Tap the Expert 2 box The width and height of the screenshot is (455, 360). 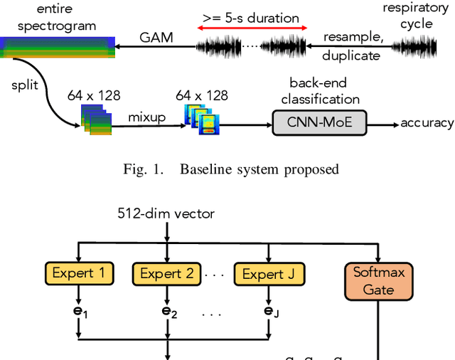[x=166, y=273]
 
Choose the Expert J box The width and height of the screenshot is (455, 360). [x=269, y=273]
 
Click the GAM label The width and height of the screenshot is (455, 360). [x=156, y=37]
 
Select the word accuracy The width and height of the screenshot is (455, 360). [x=427, y=123]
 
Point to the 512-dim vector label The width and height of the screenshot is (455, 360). [x=166, y=212]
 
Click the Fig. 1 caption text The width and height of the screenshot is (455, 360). [x=228, y=169]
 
